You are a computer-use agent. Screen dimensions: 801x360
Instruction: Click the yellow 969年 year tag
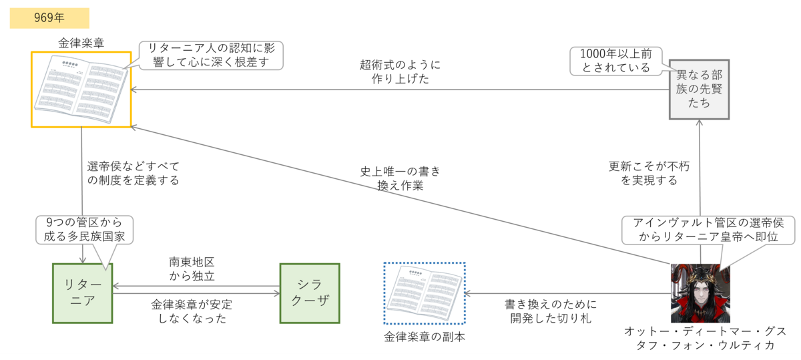tap(49, 19)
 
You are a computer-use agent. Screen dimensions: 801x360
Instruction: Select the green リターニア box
tap(82, 293)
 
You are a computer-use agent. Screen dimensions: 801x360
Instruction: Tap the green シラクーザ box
tap(310, 293)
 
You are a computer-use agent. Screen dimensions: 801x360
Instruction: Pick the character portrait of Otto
tap(700, 293)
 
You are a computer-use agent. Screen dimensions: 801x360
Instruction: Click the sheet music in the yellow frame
tap(81, 89)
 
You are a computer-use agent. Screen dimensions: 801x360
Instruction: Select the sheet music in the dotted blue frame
tap(425, 293)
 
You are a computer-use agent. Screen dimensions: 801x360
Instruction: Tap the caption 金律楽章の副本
tap(425, 337)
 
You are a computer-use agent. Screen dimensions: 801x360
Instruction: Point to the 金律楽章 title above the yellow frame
tap(80, 43)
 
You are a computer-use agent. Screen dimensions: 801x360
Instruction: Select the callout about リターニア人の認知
tap(211, 55)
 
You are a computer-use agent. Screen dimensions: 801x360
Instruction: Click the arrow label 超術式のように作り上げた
tap(400, 71)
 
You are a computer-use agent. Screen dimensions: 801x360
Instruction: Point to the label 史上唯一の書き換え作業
tap(400, 178)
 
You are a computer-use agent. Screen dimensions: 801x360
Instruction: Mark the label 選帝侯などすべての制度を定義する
tap(133, 172)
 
